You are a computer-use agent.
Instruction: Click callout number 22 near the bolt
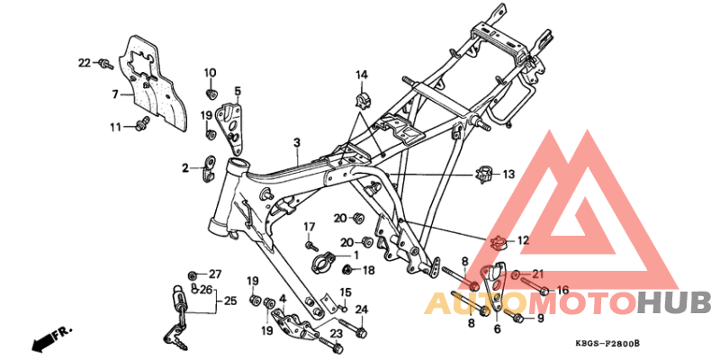85,63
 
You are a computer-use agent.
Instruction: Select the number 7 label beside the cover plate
115,94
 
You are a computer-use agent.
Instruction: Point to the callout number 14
361,74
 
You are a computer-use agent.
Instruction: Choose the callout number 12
524,240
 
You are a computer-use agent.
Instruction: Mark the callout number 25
229,300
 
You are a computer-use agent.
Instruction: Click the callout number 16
563,291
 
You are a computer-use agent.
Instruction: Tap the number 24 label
362,310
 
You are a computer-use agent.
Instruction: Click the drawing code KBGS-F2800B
614,345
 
